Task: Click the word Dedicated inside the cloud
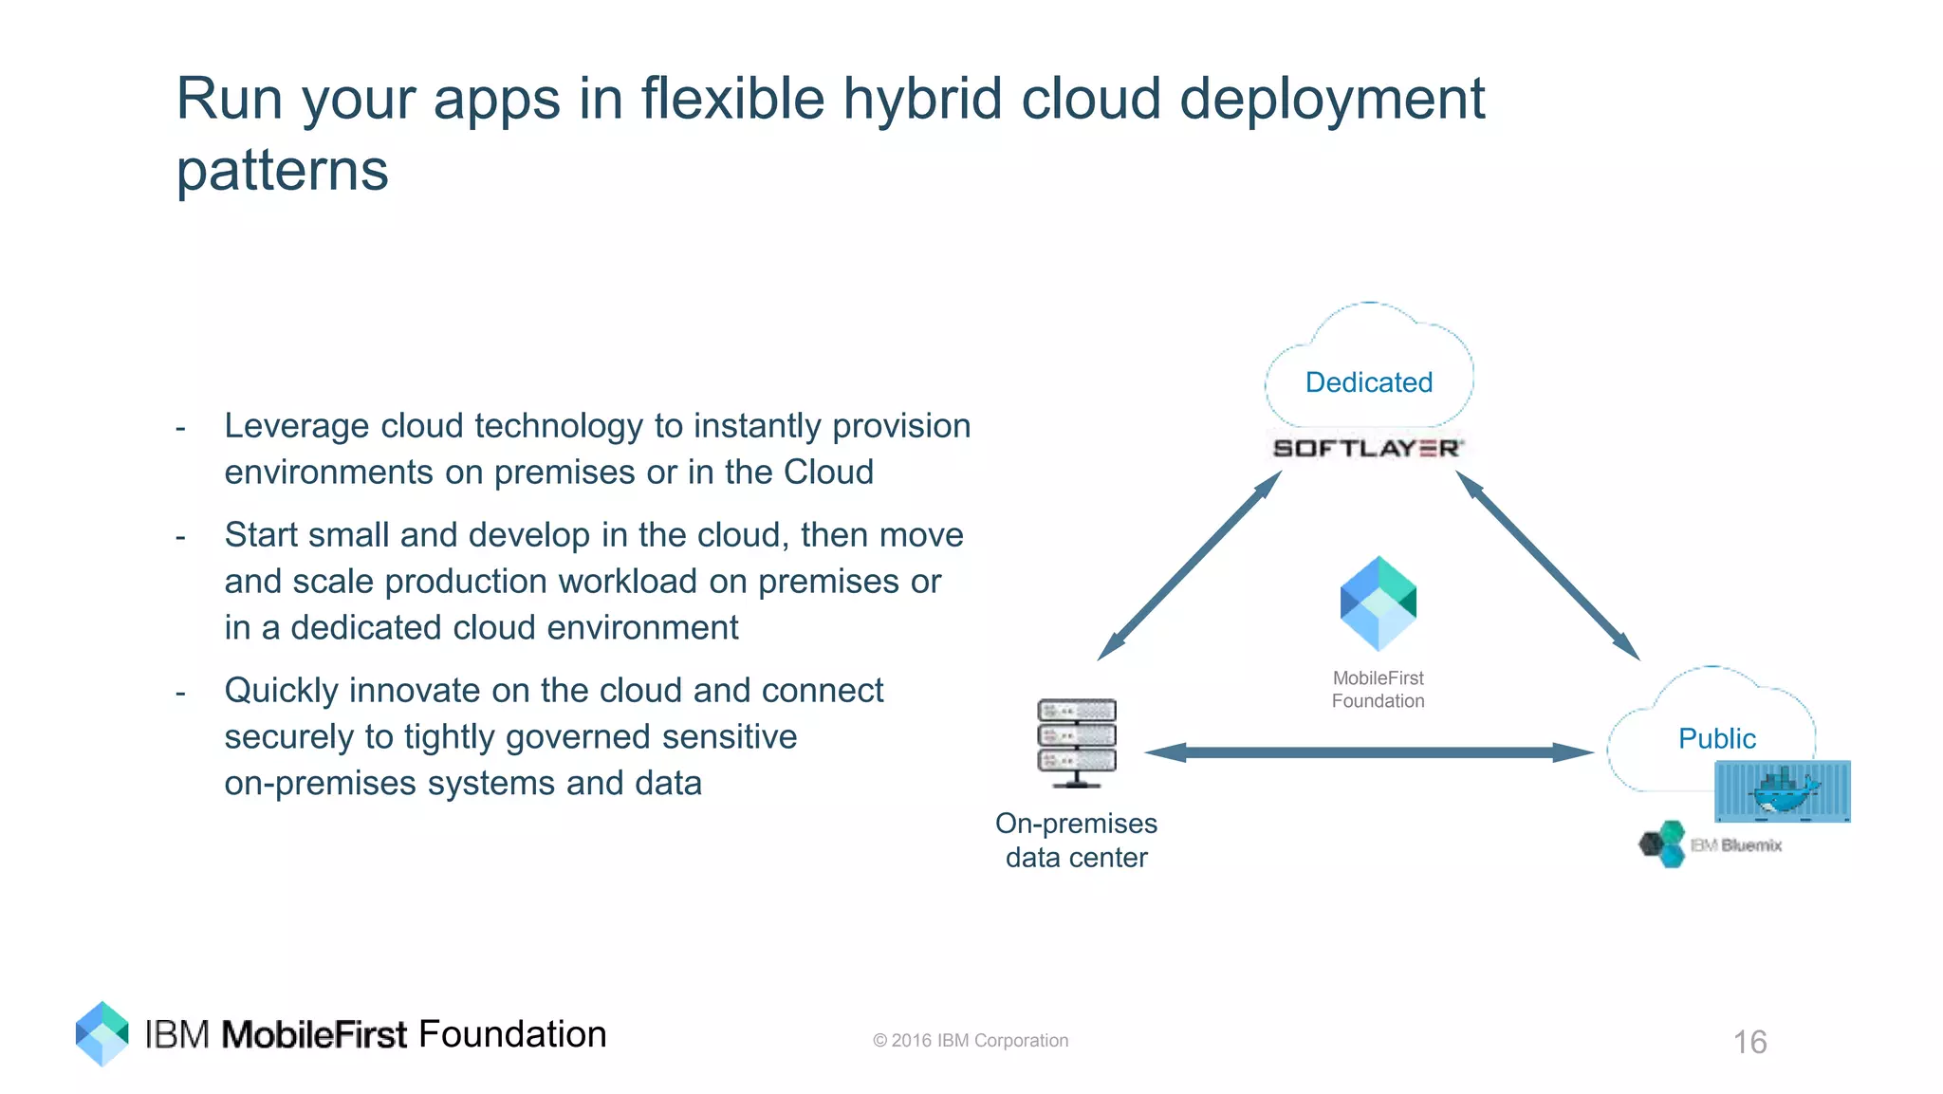[x=1368, y=382]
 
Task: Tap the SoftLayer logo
[x=1367, y=448]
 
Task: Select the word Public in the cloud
[x=1716, y=738]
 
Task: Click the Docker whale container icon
[x=1782, y=790]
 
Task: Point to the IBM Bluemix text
[x=1736, y=845]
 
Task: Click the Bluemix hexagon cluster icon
[x=1663, y=844]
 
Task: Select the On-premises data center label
[x=1076, y=840]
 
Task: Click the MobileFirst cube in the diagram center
[x=1378, y=603]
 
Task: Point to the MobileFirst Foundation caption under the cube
[x=1378, y=690]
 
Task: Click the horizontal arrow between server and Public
[x=1368, y=752]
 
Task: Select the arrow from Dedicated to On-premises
[x=1190, y=566]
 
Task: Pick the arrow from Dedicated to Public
[x=1548, y=566]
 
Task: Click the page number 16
[x=1749, y=1042]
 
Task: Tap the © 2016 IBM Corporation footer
[x=970, y=1041]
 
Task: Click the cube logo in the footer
[x=102, y=1033]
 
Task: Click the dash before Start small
[x=180, y=537]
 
